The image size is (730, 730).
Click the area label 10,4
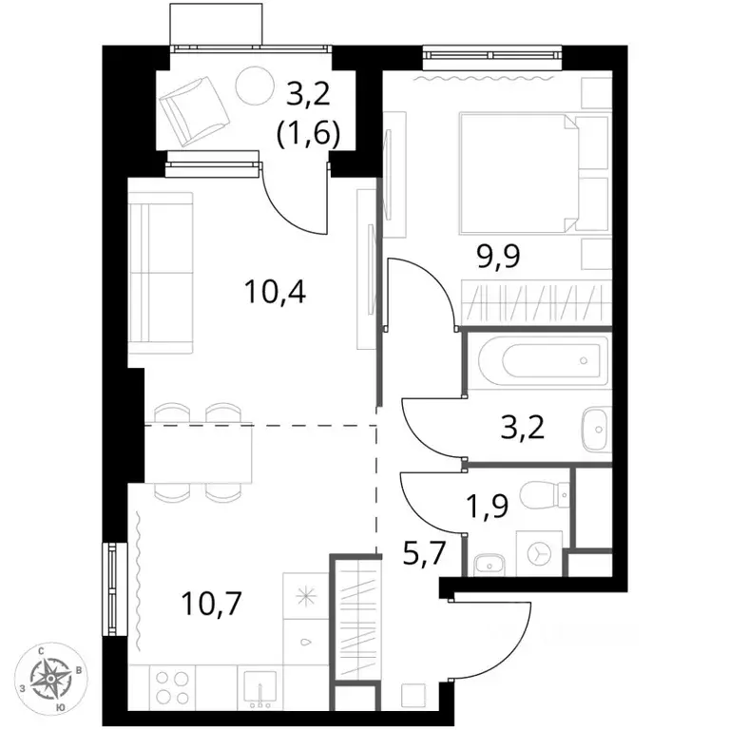click(x=275, y=294)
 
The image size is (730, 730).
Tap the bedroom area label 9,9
click(x=498, y=256)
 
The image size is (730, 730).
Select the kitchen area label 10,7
click(x=212, y=604)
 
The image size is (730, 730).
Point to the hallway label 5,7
click(x=425, y=553)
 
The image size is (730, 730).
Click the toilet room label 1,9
click(x=488, y=507)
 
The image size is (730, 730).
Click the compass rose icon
click(x=50, y=680)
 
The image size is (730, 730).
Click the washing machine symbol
click(x=539, y=553)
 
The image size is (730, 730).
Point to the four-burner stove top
click(x=170, y=686)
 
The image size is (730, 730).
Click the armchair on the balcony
click(x=194, y=112)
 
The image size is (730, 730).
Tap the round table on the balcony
click(x=255, y=85)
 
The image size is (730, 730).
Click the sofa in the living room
click(x=161, y=274)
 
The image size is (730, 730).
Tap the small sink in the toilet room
click(x=489, y=565)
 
